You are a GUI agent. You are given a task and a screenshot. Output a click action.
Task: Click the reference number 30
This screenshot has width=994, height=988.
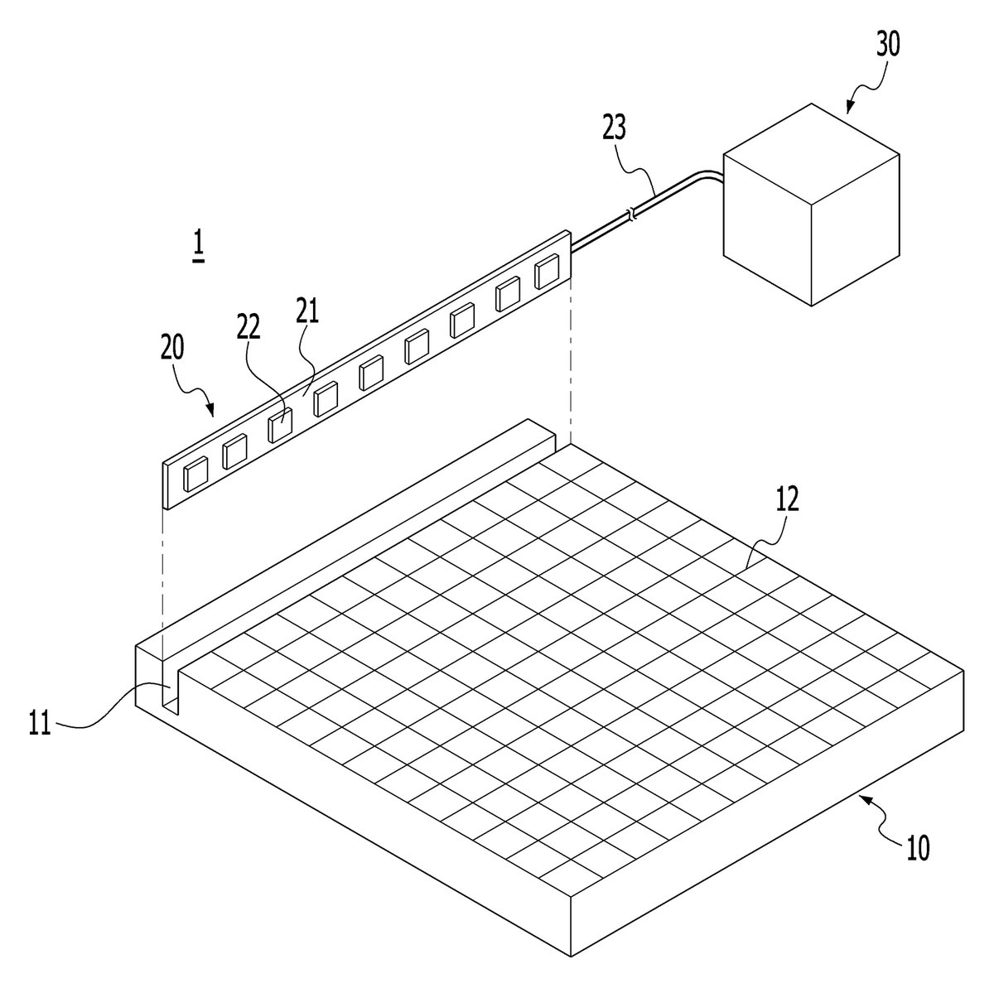click(x=888, y=44)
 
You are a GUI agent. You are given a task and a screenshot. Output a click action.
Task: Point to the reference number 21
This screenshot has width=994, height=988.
click(x=308, y=310)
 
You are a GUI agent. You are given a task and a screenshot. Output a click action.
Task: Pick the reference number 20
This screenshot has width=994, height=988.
click(x=172, y=347)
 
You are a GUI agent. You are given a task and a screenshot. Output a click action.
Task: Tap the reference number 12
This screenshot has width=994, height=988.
click(x=787, y=499)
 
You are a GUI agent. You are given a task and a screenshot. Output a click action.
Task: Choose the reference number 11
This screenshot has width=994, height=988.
click(x=40, y=722)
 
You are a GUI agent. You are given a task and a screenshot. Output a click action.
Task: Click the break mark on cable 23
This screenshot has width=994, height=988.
click(x=632, y=214)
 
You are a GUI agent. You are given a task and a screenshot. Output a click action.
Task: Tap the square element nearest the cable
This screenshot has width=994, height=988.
click(x=546, y=272)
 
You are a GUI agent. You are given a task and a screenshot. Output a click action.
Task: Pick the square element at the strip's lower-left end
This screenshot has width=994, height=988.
click(x=196, y=475)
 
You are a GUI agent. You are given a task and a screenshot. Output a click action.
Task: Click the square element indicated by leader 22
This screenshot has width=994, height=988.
click(x=280, y=426)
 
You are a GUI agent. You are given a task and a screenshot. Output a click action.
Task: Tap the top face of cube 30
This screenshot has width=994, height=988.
click(x=812, y=155)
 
